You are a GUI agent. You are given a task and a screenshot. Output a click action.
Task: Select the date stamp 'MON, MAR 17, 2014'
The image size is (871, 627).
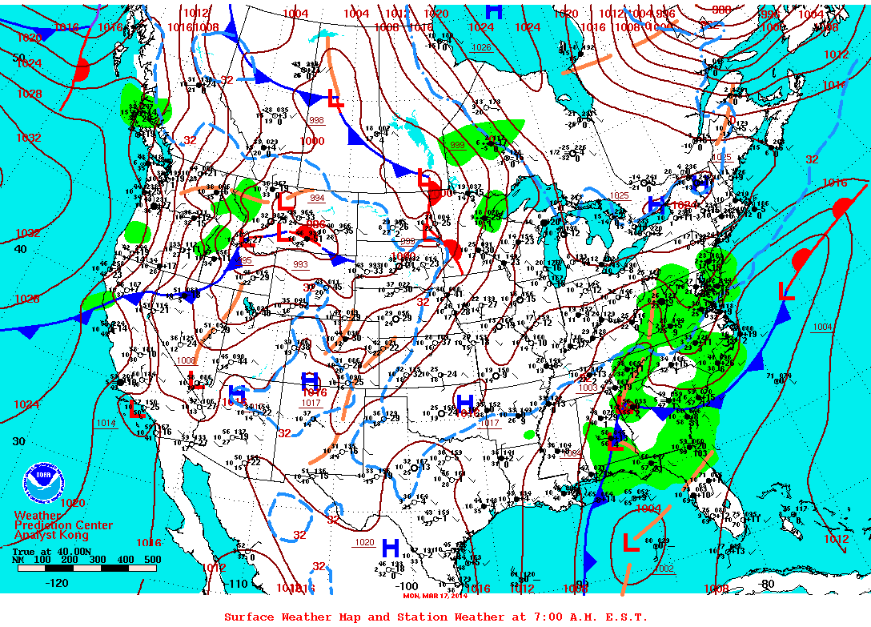435,595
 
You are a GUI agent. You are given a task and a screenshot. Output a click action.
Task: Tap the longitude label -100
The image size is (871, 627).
408,585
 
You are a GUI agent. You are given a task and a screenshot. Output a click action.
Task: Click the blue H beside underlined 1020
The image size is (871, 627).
390,548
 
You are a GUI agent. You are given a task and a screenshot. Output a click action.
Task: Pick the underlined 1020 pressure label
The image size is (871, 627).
364,542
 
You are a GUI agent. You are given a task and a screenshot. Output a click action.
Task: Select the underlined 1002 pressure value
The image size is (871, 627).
664,569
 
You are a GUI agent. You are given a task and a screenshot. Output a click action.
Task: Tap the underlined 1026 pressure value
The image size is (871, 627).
480,48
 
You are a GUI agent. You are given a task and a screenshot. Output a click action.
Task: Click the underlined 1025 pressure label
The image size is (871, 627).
618,195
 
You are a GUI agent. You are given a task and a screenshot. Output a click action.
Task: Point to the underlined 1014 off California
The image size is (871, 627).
106,423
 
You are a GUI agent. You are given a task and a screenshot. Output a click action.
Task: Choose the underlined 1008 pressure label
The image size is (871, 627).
187,361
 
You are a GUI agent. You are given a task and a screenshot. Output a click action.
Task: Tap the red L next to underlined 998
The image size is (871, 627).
336,101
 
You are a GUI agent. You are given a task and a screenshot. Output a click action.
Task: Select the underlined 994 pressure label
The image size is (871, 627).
317,197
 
